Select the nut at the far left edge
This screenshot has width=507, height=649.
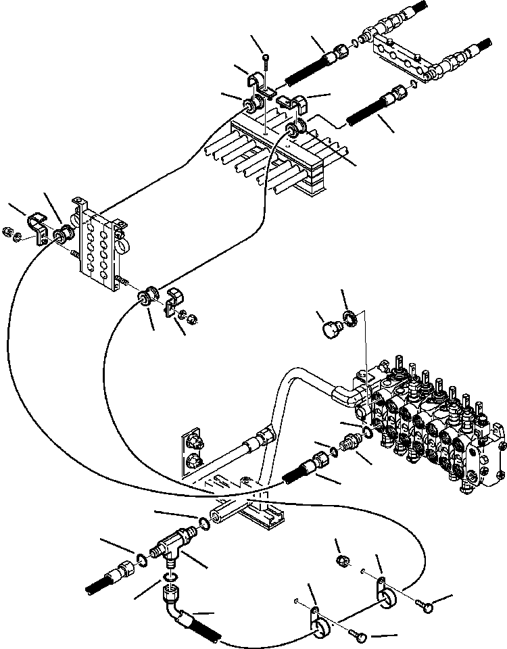tap(9, 232)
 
